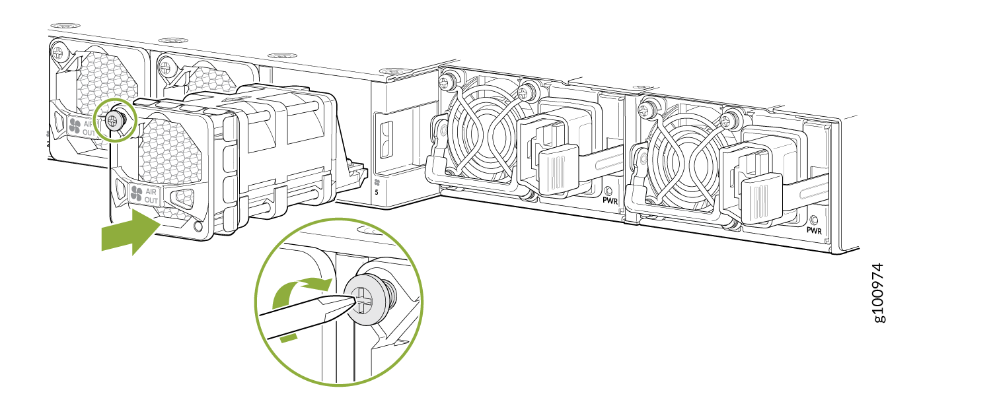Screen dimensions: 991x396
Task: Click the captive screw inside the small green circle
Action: (115, 119)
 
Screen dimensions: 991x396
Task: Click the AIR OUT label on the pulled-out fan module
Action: (151, 196)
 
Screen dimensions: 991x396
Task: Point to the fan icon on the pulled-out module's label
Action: (136, 193)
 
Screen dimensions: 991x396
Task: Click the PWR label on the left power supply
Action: (610, 201)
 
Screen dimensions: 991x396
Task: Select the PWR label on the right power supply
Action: (814, 230)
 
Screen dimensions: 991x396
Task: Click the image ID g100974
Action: (879, 293)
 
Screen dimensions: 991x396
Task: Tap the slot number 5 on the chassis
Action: (377, 192)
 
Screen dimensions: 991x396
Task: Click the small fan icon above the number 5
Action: (377, 182)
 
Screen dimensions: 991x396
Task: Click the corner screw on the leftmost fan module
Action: (58, 53)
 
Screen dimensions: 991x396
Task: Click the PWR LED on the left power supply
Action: (608, 191)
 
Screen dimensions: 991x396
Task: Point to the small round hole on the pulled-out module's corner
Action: (198, 227)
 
